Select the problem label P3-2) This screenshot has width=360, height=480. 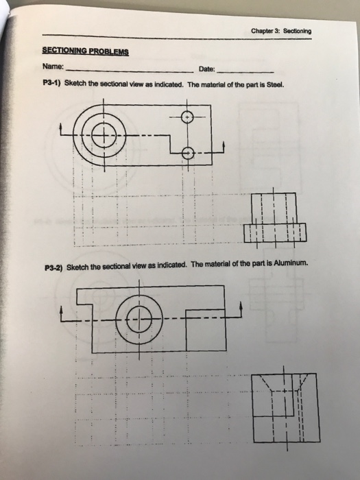coord(51,267)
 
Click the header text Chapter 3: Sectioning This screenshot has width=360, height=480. coord(281,32)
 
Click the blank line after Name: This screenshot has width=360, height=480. coord(130,71)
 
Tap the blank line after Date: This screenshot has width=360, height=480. coord(247,71)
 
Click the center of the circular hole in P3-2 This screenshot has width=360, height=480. coord(140,319)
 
